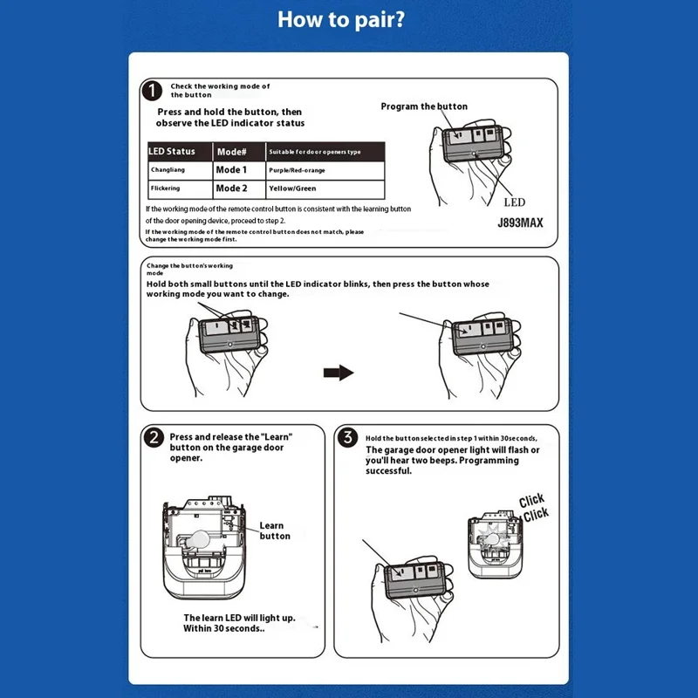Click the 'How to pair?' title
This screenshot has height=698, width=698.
click(x=341, y=19)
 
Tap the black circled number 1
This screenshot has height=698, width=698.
click(x=152, y=91)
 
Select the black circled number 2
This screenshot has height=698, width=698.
click(x=154, y=438)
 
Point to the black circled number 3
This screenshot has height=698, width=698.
click(x=347, y=437)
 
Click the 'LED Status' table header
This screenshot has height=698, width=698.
click(x=172, y=151)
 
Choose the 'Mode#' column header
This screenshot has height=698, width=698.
click(x=231, y=152)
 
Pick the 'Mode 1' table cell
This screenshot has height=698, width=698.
click(x=231, y=169)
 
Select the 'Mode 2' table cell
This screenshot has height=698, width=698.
click(x=231, y=188)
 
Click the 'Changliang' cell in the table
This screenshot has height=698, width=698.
click(x=168, y=169)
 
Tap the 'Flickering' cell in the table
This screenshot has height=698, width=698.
click(x=165, y=188)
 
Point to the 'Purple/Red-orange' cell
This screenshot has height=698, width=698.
click(x=297, y=170)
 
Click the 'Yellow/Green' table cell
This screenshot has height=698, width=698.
click(x=292, y=188)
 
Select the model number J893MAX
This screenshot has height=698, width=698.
click(x=520, y=222)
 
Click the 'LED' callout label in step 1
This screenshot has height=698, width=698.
click(x=515, y=202)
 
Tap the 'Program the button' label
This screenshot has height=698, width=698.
click(x=424, y=106)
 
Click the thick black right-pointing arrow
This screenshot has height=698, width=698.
click(x=339, y=373)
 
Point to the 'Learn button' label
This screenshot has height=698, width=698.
click(x=275, y=530)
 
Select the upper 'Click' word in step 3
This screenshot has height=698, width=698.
click(x=531, y=500)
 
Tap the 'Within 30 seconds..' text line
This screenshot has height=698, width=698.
click(x=224, y=628)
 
